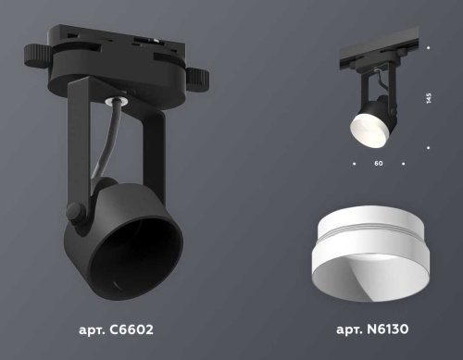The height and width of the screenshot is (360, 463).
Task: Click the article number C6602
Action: tap(116, 329)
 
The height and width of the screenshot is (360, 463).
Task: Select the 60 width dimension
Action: tap(379, 164)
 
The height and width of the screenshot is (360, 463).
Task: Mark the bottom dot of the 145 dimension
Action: tap(429, 145)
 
